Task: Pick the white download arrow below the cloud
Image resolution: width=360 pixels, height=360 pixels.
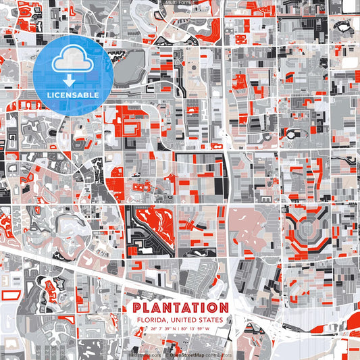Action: [x=67, y=79]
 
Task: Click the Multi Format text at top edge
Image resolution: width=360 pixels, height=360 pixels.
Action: [x=179, y=3]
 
